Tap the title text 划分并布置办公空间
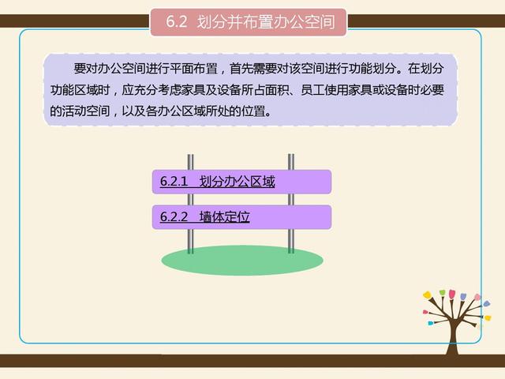pyautogui.click(x=271, y=22)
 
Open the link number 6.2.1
pyautogui.click(x=173, y=182)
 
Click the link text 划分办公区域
pyautogui.click(x=237, y=182)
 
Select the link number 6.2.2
pyautogui.click(x=173, y=216)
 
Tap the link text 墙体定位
pyautogui.click(x=224, y=216)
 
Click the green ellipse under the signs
pyautogui.click(x=242, y=260)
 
